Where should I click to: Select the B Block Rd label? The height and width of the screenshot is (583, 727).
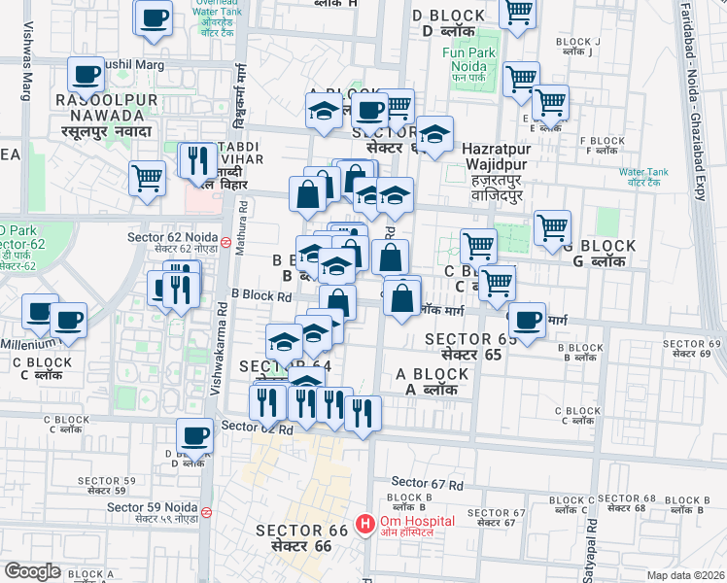pos(260,295)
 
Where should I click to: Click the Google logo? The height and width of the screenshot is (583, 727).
pos(32,570)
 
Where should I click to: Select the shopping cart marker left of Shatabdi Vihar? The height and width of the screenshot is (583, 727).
pos(147,178)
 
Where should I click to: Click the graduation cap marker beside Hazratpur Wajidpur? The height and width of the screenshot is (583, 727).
pos(434,133)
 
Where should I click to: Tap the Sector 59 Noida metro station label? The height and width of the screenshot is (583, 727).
pos(154,506)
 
